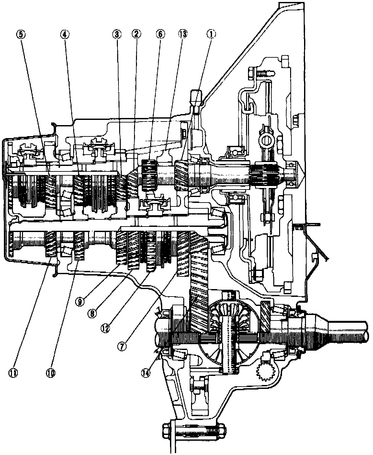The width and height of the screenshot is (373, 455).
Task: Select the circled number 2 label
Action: tap(136, 34)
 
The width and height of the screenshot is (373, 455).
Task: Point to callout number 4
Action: tap(64, 34)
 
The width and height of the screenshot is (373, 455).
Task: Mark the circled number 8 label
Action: tap(93, 313)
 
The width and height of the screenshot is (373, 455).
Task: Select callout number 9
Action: tap(80, 301)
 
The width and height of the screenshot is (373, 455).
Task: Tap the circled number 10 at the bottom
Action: tap(51, 373)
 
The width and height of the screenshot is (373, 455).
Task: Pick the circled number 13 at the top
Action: tap(182, 34)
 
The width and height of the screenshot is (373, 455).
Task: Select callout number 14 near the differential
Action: tap(146, 373)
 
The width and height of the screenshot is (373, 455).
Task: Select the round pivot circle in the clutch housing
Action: tap(267, 140)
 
